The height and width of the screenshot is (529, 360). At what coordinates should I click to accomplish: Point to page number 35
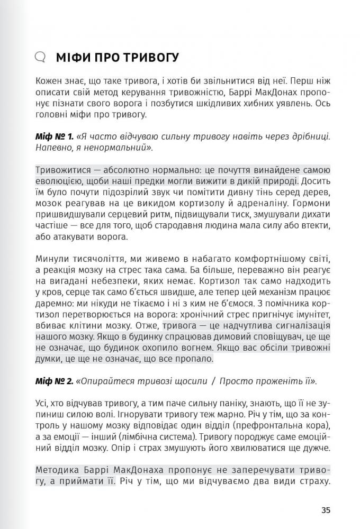(326, 510)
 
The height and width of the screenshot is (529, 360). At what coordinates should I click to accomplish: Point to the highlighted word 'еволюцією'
(57, 181)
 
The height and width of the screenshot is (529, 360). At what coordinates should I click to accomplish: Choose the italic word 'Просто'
(235, 381)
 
